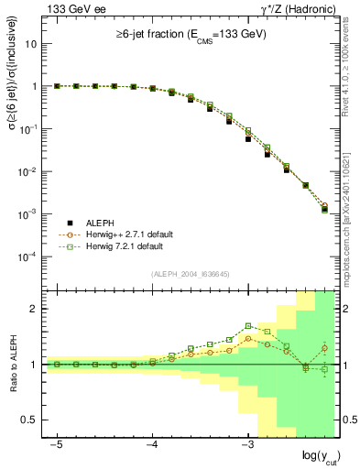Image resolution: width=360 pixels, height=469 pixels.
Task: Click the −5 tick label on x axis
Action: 57,443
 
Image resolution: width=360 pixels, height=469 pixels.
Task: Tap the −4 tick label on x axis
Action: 152,443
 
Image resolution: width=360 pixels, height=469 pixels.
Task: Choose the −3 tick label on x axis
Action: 247,443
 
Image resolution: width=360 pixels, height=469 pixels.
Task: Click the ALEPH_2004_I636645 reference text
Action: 189,275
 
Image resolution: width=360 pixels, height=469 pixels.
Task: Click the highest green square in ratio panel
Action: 248,325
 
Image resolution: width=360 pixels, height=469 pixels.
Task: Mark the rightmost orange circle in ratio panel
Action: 324,348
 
